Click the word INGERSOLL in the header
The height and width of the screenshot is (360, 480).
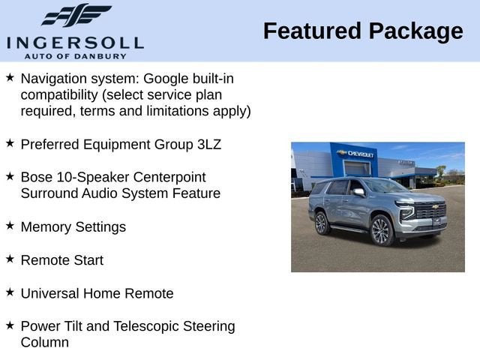pos(75,42)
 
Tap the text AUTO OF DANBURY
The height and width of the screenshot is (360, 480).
pos(75,55)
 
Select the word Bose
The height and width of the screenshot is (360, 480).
pos(37,177)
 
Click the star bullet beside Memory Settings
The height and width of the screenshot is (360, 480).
pos(10,225)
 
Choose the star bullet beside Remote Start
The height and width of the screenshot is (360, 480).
pos(10,259)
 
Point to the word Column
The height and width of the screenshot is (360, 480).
pos(45,343)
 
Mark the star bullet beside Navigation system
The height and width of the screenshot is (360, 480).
pos(10,77)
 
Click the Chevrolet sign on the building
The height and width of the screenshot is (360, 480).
pos(357,154)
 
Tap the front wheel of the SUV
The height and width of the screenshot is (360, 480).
pos(381,230)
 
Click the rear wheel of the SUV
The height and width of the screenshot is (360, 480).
pos(322,223)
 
